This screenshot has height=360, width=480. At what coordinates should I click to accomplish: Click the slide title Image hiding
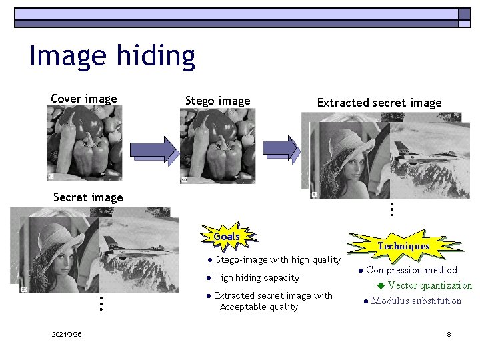tap(112, 56)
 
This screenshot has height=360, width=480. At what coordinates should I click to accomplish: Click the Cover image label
tap(84, 99)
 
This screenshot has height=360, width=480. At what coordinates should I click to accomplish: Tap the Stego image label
tap(217, 101)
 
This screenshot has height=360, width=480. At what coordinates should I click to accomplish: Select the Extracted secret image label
tap(379, 103)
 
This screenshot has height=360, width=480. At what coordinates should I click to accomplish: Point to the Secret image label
tap(88, 197)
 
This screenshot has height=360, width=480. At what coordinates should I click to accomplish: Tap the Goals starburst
tap(227, 237)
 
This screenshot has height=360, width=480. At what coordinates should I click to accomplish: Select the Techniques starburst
tap(403, 246)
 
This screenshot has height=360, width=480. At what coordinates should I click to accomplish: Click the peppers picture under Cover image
tap(84, 143)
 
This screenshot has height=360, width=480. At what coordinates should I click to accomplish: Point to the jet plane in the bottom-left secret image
tap(133, 252)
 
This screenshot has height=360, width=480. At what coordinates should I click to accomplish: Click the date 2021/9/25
tap(67, 334)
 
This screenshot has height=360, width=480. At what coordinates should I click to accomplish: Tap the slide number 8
tap(449, 334)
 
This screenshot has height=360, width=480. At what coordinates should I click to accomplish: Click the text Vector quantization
tap(429, 285)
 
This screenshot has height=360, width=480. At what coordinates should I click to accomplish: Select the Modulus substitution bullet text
tap(416, 301)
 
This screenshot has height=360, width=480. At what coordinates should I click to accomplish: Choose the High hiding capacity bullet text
tap(257, 277)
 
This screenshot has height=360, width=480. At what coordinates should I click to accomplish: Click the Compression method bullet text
tap(411, 270)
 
